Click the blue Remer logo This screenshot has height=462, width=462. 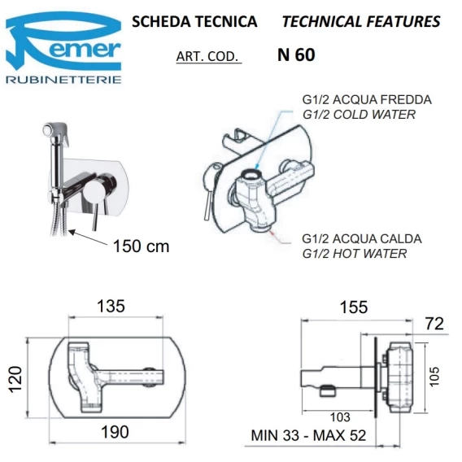(63, 41)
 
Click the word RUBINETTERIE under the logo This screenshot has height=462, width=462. (63, 80)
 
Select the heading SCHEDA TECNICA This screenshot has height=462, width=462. (194, 22)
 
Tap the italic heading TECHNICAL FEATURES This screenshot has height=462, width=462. (361, 22)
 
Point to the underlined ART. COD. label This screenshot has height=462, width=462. (207, 56)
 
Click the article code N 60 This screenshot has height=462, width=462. (296, 54)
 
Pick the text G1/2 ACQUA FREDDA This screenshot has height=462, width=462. (367, 99)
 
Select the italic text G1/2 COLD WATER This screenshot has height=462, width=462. (359, 115)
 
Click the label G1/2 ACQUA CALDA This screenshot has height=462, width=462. (362, 238)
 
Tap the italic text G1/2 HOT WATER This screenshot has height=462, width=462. (355, 254)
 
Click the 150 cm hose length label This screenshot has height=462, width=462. (142, 246)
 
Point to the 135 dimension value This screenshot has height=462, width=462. (111, 306)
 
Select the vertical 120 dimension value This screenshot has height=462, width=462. (15, 379)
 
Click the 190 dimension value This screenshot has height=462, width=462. (115, 432)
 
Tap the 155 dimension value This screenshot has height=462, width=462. (354, 307)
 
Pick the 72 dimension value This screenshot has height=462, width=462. (434, 324)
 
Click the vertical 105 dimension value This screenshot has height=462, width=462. (434, 377)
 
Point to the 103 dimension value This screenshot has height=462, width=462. (340, 417)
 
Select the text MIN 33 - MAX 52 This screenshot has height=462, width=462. (308, 435)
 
